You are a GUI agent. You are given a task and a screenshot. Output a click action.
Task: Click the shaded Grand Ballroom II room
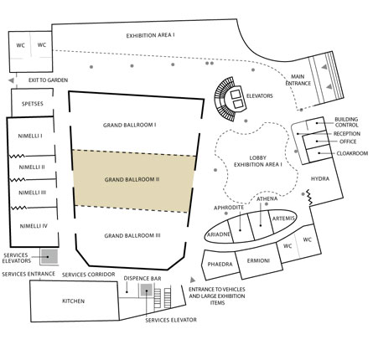tap(133, 181)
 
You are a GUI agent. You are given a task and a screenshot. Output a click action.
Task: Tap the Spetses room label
tap(33, 104)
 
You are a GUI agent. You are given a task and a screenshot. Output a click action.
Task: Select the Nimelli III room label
tap(32, 193)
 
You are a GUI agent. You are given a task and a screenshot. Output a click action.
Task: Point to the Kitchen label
tap(73, 301)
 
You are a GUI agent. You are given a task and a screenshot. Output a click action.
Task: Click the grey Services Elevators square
tap(49, 257)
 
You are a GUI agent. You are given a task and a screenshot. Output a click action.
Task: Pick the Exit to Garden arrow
tap(11, 80)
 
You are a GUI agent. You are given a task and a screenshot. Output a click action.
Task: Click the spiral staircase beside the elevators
tap(225, 99)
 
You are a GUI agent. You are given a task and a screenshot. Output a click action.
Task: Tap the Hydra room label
tap(320, 178)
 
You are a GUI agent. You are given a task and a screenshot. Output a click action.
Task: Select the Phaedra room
tap(220, 265)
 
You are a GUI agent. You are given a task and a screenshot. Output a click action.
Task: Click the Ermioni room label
tap(258, 260)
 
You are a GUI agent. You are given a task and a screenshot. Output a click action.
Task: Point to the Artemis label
tap(283, 219)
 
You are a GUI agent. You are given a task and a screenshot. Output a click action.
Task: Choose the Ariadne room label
tap(219, 234)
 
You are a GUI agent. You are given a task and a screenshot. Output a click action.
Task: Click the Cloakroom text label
tap(352, 153)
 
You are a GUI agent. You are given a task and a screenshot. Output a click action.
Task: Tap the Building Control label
tap(346, 122)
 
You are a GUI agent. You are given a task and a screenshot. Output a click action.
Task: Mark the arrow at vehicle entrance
tap(193, 280)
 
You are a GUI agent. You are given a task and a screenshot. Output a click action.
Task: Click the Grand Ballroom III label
tap(132, 235)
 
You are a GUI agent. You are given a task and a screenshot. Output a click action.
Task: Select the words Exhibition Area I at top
tap(151, 35)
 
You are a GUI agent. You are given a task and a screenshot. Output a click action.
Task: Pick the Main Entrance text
tap(298, 80)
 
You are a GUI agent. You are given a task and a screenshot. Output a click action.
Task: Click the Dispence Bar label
tap(142, 278)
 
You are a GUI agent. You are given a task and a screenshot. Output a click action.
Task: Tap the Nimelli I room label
tap(30, 136)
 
